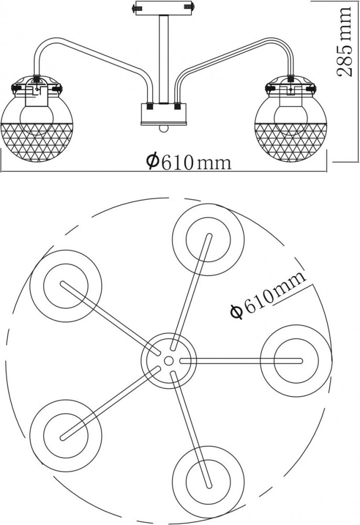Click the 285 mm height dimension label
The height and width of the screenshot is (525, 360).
(x=345, y=41)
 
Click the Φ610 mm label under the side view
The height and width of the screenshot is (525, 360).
(x=189, y=162)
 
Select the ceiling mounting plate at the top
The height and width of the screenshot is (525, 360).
(x=164, y=8)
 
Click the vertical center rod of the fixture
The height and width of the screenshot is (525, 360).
(x=164, y=59)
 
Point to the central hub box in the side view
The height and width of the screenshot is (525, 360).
(x=164, y=114)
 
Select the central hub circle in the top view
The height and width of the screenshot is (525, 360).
(x=168, y=361)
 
